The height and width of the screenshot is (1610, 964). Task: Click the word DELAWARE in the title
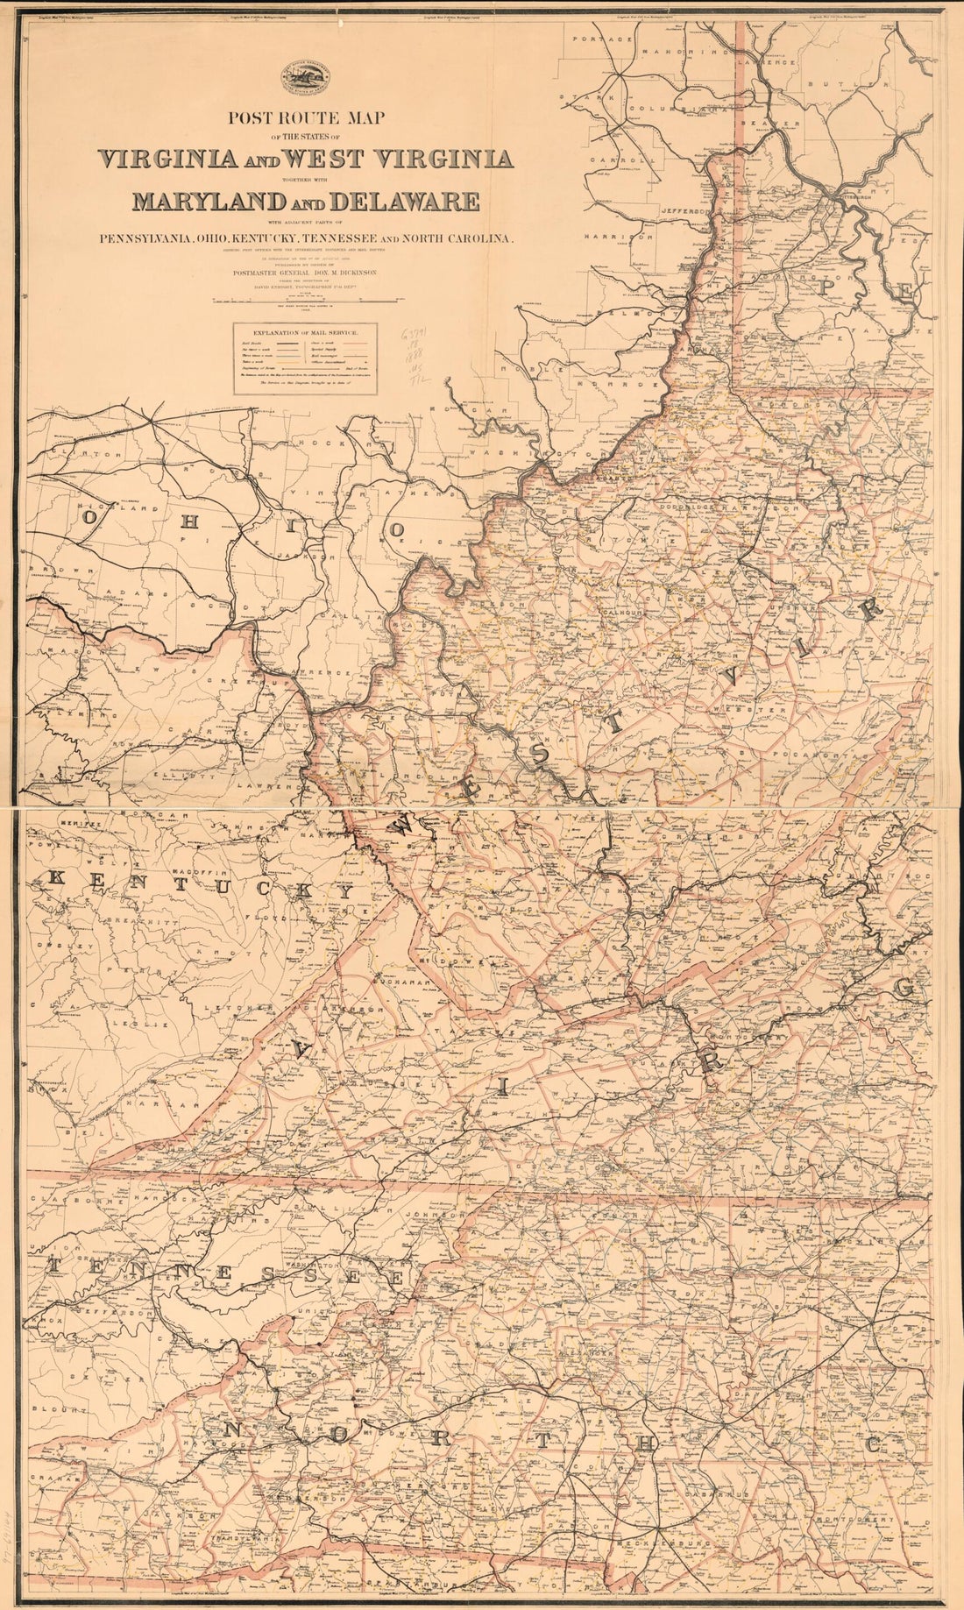(407, 202)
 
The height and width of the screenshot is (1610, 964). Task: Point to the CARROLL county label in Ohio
(611, 161)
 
